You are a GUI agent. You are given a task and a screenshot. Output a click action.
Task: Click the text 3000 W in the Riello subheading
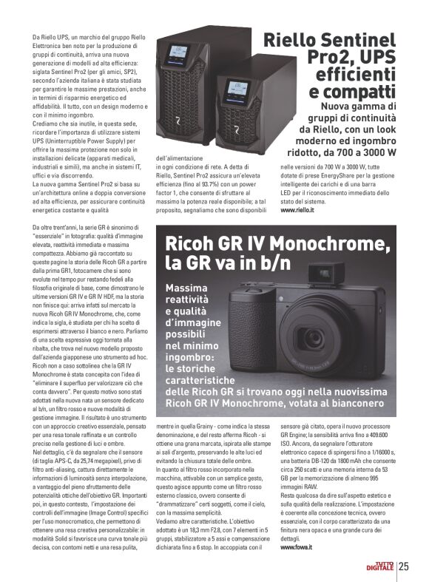click(379, 152)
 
